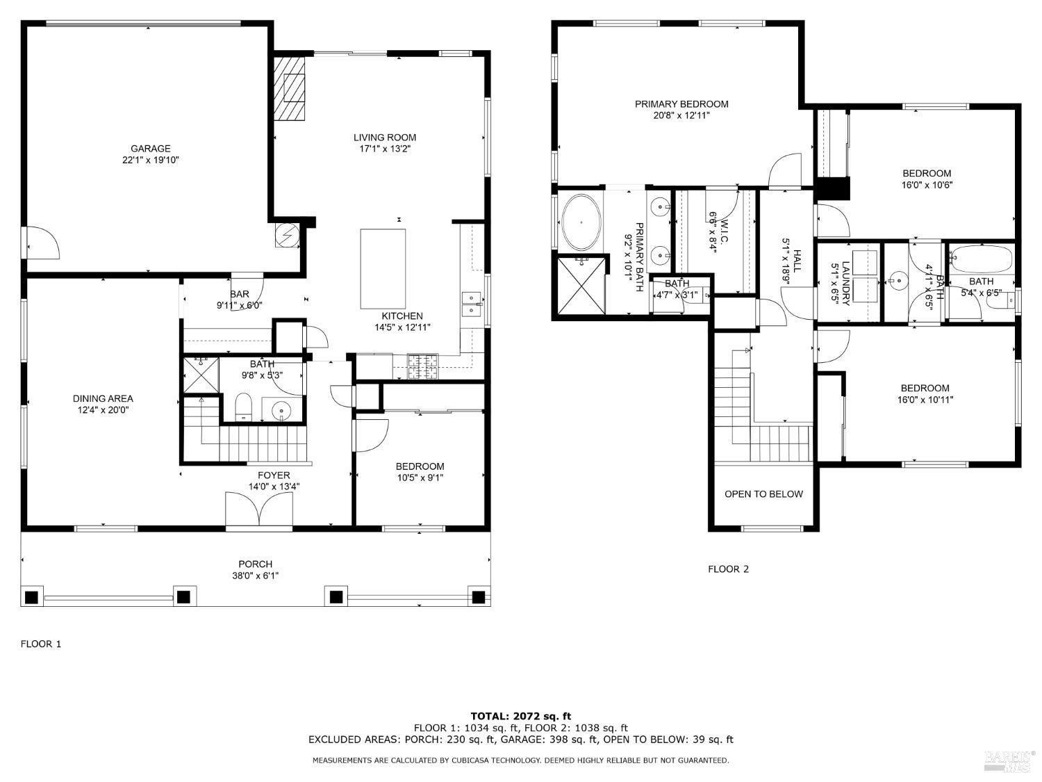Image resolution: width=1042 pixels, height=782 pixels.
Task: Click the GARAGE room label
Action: (x=151, y=149)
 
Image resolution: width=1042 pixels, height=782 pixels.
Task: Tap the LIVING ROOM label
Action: (x=385, y=138)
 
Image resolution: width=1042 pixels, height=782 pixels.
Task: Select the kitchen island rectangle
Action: (x=383, y=268)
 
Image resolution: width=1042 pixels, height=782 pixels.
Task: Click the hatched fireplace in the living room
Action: (x=289, y=88)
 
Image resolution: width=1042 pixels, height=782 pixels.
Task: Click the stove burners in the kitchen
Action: (x=423, y=366)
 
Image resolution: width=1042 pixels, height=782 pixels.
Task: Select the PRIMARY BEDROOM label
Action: (x=681, y=104)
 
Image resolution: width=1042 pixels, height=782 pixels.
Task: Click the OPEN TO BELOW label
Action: (x=763, y=494)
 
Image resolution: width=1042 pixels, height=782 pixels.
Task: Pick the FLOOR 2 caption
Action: (x=728, y=569)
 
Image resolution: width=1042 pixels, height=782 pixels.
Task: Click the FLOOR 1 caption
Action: (x=41, y=644)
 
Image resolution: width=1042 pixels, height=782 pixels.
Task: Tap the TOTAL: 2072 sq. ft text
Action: (x=521, y=716)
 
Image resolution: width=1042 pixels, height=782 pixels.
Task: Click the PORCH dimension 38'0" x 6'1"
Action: (x=256, y=576)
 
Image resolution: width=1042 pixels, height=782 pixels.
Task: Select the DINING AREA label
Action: (x=103, y=399)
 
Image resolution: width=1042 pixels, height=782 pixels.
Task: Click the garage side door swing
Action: (x=42, y=243)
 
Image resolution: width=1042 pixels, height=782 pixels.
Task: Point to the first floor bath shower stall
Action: (x=201, y=375)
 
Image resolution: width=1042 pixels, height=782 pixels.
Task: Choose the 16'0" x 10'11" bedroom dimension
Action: (x=925, y=400)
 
